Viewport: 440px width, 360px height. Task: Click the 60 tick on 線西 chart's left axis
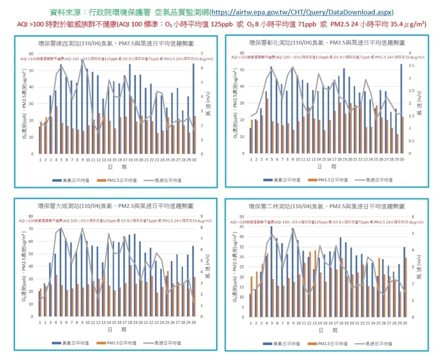tap(30, 53)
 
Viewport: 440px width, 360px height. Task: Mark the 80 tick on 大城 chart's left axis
tap(30, 216)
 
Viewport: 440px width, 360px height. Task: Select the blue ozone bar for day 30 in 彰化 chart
tap(401, 109)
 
